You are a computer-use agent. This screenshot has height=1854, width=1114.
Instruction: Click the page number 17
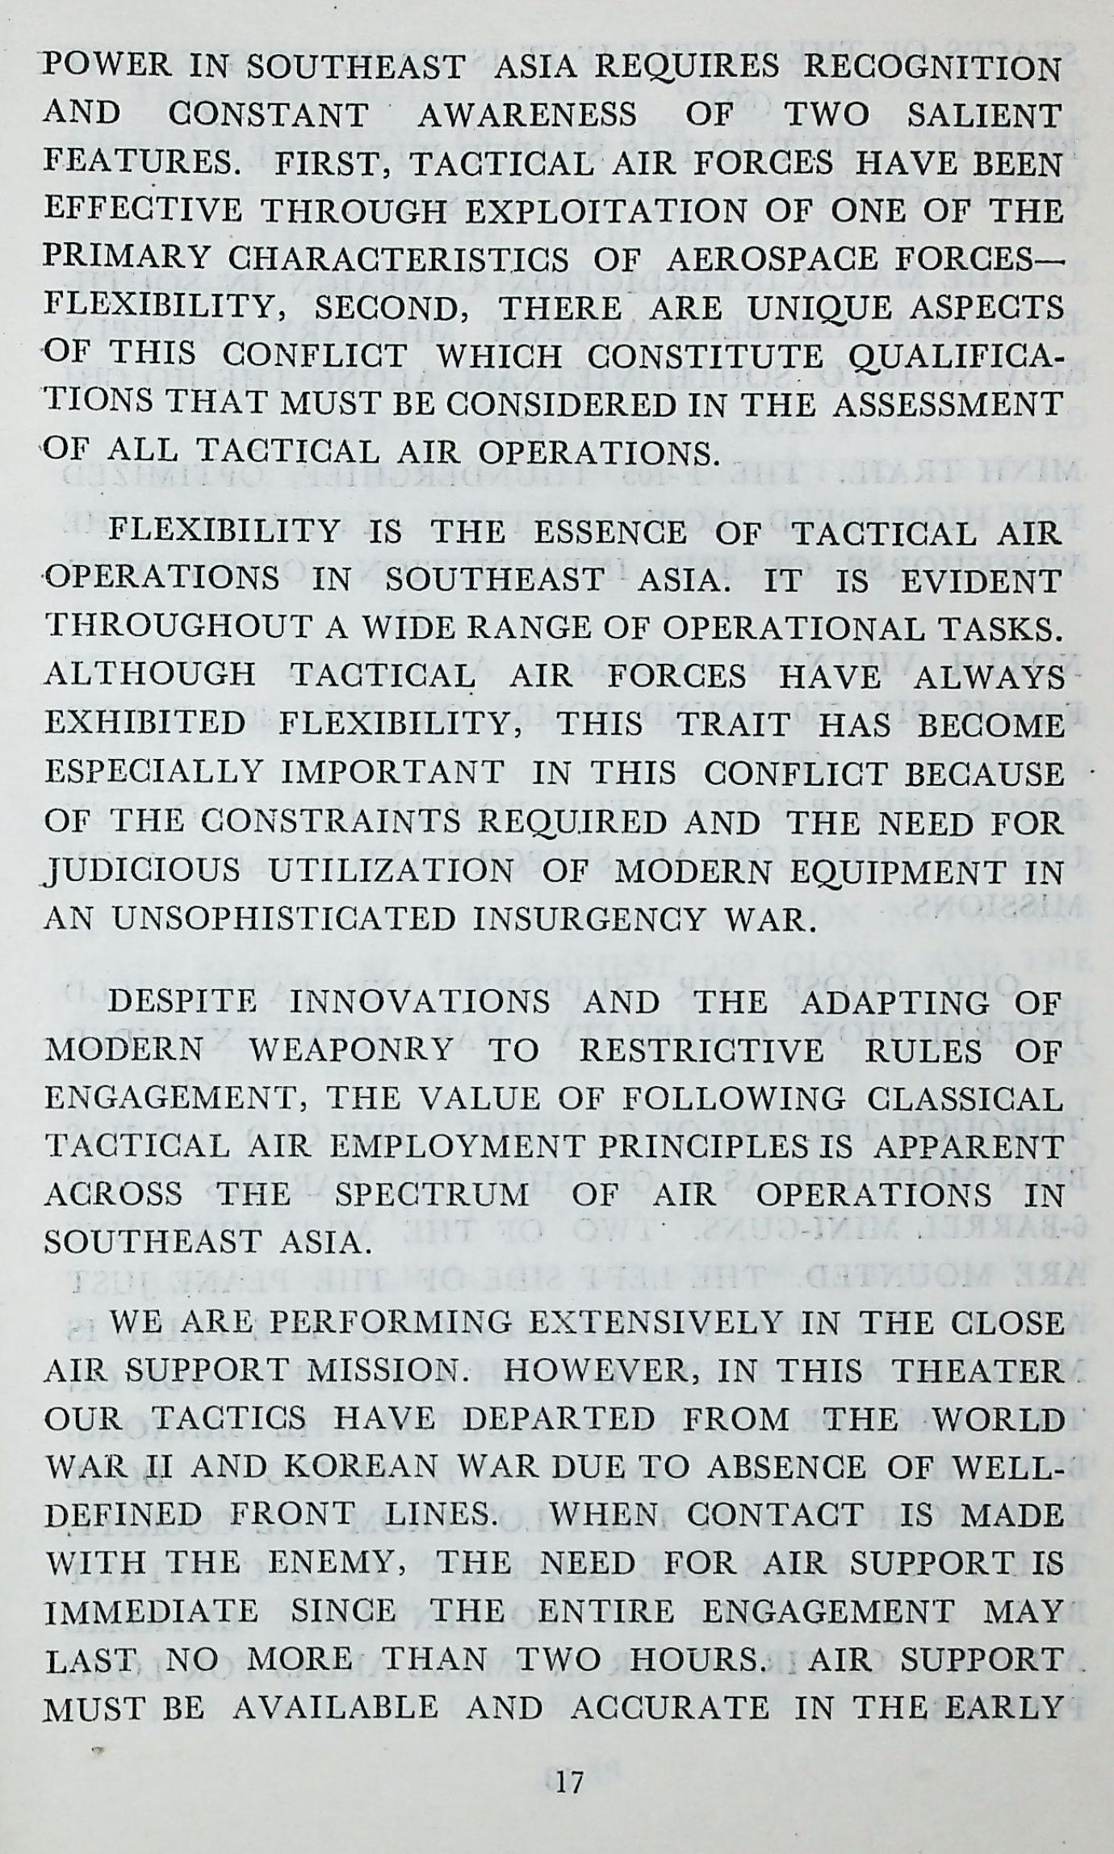[x=570, y=1776]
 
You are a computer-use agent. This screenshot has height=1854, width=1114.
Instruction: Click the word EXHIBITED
[x=145, y=724]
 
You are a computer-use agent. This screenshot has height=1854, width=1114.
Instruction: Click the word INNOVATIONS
[x=420, y=1004]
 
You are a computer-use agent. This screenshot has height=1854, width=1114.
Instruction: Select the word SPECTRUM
[x=432, y=1195]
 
